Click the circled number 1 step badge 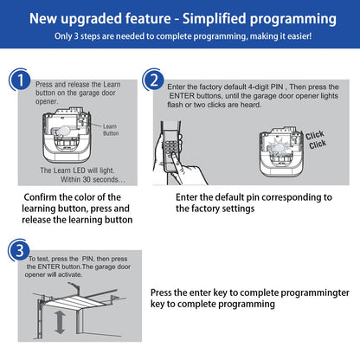point(20,80)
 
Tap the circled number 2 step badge point(154,80)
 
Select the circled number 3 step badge point(19,250)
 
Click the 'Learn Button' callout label point(111,130)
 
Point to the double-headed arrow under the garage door point(60,322)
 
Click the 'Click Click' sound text point(316,139)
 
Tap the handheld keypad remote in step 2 point(171,147)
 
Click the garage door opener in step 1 point(67,135)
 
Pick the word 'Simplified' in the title point(214,19)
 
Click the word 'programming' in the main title point(293,20)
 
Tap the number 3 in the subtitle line point(76,36)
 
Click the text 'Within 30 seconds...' point(93,179)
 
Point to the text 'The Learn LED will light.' point(77,170)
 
